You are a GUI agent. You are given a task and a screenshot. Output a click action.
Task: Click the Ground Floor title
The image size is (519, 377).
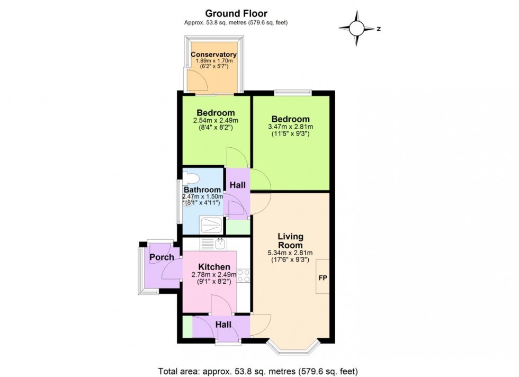point(236,13)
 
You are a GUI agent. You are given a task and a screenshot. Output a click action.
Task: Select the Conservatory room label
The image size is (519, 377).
point(213,55)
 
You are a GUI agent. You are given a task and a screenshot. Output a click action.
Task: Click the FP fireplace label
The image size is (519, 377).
point(322,277)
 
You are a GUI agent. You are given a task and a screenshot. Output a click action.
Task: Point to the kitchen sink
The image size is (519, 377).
point(219,244)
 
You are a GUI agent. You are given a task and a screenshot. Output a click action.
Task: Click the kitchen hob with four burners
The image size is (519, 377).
point(244,276)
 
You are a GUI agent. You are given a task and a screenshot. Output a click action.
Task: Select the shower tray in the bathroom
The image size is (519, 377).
point(212,225)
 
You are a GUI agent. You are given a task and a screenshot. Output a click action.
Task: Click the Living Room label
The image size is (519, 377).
point(291,241)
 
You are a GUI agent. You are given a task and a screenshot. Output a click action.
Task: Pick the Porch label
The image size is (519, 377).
point(162,257)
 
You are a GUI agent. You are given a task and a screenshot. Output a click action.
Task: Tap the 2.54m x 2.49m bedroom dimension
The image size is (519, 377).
point(216,121)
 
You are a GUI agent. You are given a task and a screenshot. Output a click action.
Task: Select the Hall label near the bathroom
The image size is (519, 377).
point(237,185)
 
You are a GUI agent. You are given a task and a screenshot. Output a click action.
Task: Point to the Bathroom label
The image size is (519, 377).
point(202,190)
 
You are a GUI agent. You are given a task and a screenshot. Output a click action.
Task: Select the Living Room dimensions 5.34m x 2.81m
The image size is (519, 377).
point(290,253)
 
